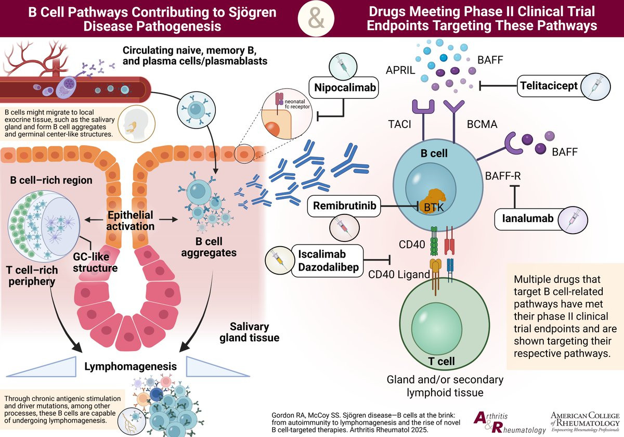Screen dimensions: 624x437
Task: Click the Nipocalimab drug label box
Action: point(344,87)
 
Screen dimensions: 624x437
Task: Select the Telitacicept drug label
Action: point(549,86)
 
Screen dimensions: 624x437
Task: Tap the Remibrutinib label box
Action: point(344,206)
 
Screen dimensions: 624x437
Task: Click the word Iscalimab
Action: point(322,254)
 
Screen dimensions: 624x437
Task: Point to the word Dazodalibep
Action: point(329,267)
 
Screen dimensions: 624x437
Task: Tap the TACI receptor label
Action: point(399,124)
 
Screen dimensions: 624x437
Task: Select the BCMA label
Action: point(482,124)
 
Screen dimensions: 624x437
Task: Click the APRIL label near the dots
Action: point(400,70)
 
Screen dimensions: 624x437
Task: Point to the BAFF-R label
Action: point(503,176)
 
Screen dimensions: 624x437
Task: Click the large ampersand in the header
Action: point(316,19)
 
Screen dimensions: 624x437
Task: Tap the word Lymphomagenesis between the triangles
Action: point(131,366)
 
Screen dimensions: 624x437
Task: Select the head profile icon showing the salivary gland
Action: point(136,124)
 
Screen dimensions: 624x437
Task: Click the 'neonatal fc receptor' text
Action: point(297,104)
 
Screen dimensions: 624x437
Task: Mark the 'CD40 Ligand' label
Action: point(399,275)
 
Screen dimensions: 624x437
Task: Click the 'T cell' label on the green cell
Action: point(441,362)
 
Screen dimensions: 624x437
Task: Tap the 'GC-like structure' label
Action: point(95,262)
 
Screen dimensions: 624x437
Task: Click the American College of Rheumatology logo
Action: point(585,422)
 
